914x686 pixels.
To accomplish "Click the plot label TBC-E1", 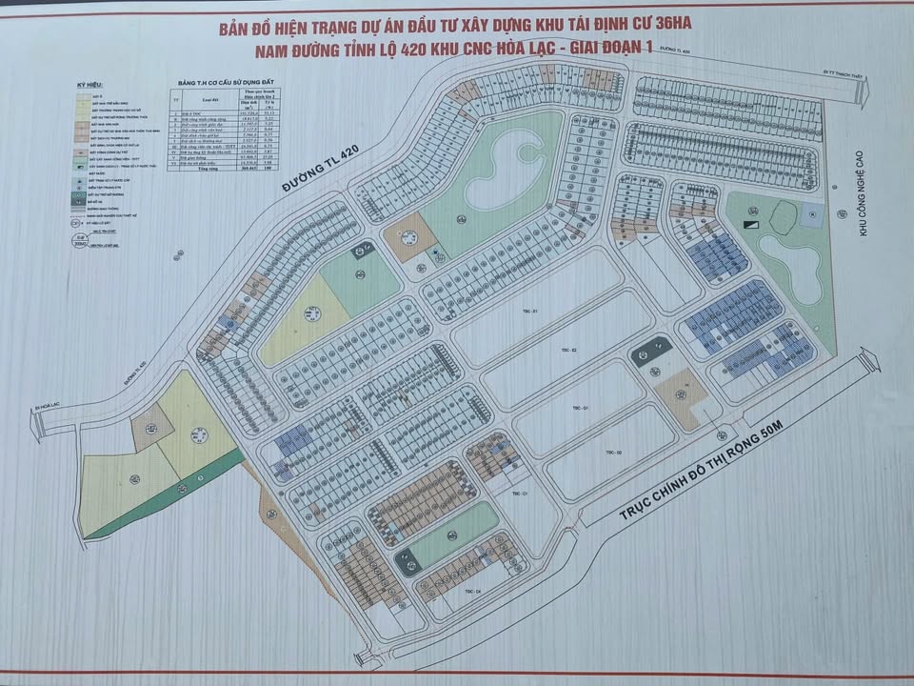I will pyautogui.click(x=530, y=313).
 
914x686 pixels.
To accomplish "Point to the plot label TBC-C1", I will pyautogui.click(x=519, y=494).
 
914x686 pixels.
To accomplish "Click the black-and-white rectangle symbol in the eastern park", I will pyautogui.click(x=751, y=223).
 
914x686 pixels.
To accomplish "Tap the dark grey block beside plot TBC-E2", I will pyautogui.click(x=650, y=352).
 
